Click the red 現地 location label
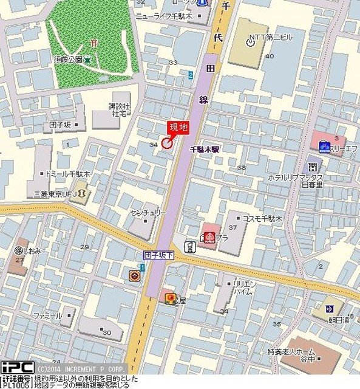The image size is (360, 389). click(177, 127)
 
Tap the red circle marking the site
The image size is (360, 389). click(166, 142)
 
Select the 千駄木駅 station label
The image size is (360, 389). click(204, 149)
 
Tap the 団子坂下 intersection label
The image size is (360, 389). click(159, 256)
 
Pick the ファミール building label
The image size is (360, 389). click(48, 316)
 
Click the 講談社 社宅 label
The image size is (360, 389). click(117, 109)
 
